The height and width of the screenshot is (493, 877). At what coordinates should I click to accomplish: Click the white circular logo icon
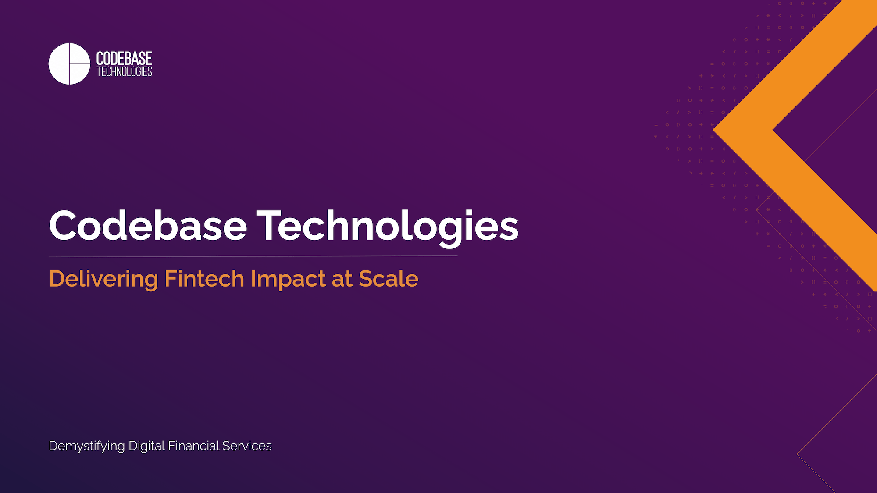coord(69,64)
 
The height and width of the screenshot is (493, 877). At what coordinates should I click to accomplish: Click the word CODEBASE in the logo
coord(124,59)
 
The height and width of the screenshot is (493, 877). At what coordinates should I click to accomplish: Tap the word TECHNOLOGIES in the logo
coord(124,72)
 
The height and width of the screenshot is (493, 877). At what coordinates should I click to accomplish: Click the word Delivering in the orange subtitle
coord(103,279)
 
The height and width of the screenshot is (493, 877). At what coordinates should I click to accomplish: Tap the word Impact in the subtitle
coord(288,279)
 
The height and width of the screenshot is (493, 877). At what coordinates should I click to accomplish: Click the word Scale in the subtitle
coord(389,279)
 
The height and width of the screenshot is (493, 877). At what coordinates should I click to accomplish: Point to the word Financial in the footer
coord(193,446)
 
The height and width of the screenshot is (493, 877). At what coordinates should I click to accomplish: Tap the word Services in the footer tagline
coord(247,446)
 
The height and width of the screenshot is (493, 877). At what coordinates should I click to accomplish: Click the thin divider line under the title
coord(253,256)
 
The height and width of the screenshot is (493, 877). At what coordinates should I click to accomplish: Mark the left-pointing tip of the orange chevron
coord(714,130)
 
